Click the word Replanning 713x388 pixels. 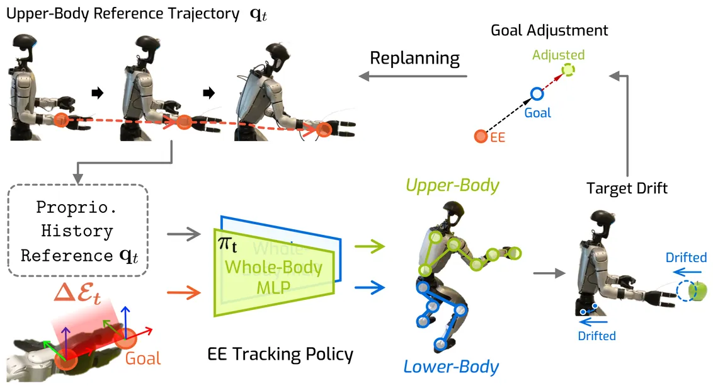(414, 59)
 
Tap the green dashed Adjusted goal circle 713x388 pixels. (568, 70)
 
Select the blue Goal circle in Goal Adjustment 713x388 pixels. (537, 94)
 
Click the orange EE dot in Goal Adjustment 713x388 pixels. (481, 135)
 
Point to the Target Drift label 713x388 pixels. (627, 188)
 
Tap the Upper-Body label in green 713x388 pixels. (452, 185)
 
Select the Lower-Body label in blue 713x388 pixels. (452, 367)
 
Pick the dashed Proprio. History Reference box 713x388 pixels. (77, 231)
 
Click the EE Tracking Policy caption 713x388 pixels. (280, 355)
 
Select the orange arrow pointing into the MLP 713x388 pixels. (185, 291)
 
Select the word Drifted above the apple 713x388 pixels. (686, 258)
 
